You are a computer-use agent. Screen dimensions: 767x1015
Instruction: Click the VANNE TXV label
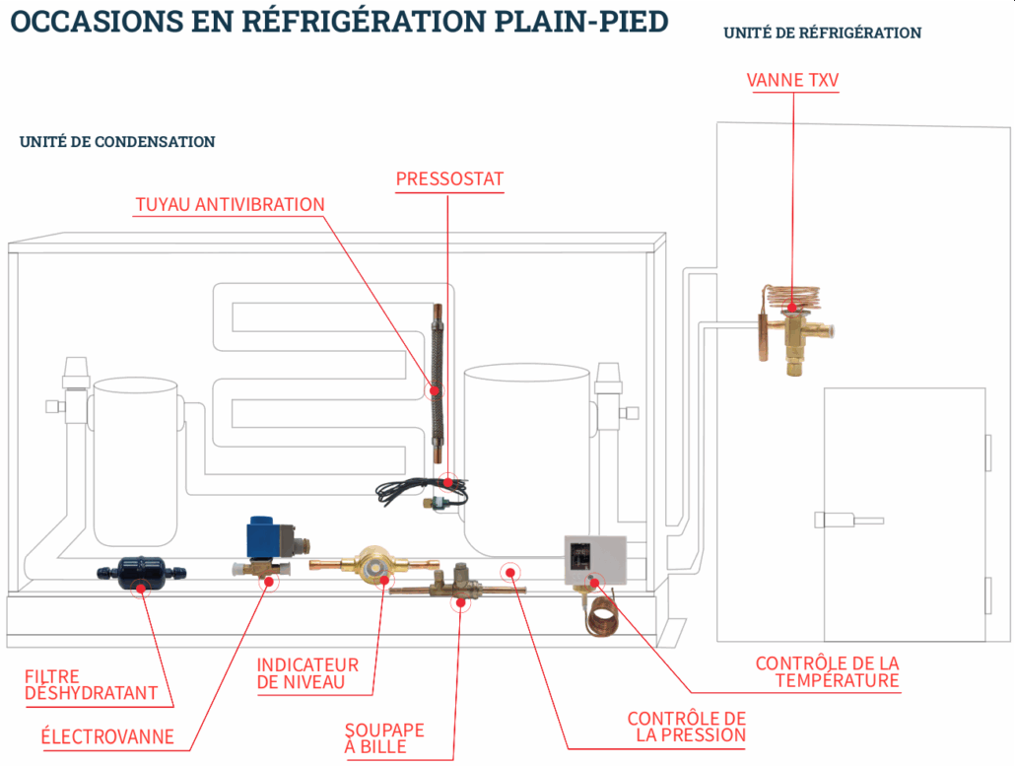pos(792,80)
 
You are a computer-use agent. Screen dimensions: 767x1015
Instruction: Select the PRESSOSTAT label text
pos(449,179)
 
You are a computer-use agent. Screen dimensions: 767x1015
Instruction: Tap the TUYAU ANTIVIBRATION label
pos(230,205)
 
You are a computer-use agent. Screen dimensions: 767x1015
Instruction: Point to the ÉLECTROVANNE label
pos(107,736)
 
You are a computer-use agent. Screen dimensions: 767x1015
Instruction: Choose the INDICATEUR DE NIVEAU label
pos(307,673)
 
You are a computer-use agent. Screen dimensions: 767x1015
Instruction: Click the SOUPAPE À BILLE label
pos(384,738)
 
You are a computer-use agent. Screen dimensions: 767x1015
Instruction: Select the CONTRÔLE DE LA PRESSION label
pos(687,727)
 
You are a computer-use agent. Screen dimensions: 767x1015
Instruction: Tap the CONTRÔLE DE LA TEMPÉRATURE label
pos(828,672)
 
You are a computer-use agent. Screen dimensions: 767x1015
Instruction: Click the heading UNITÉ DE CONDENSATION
pos(117,142)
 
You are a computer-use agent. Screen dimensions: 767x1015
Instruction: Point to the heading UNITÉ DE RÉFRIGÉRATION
pos(822,34)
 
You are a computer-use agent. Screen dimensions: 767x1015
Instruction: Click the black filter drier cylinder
pos(138,572)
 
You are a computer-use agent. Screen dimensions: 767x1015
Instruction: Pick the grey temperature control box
pos(595,559)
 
